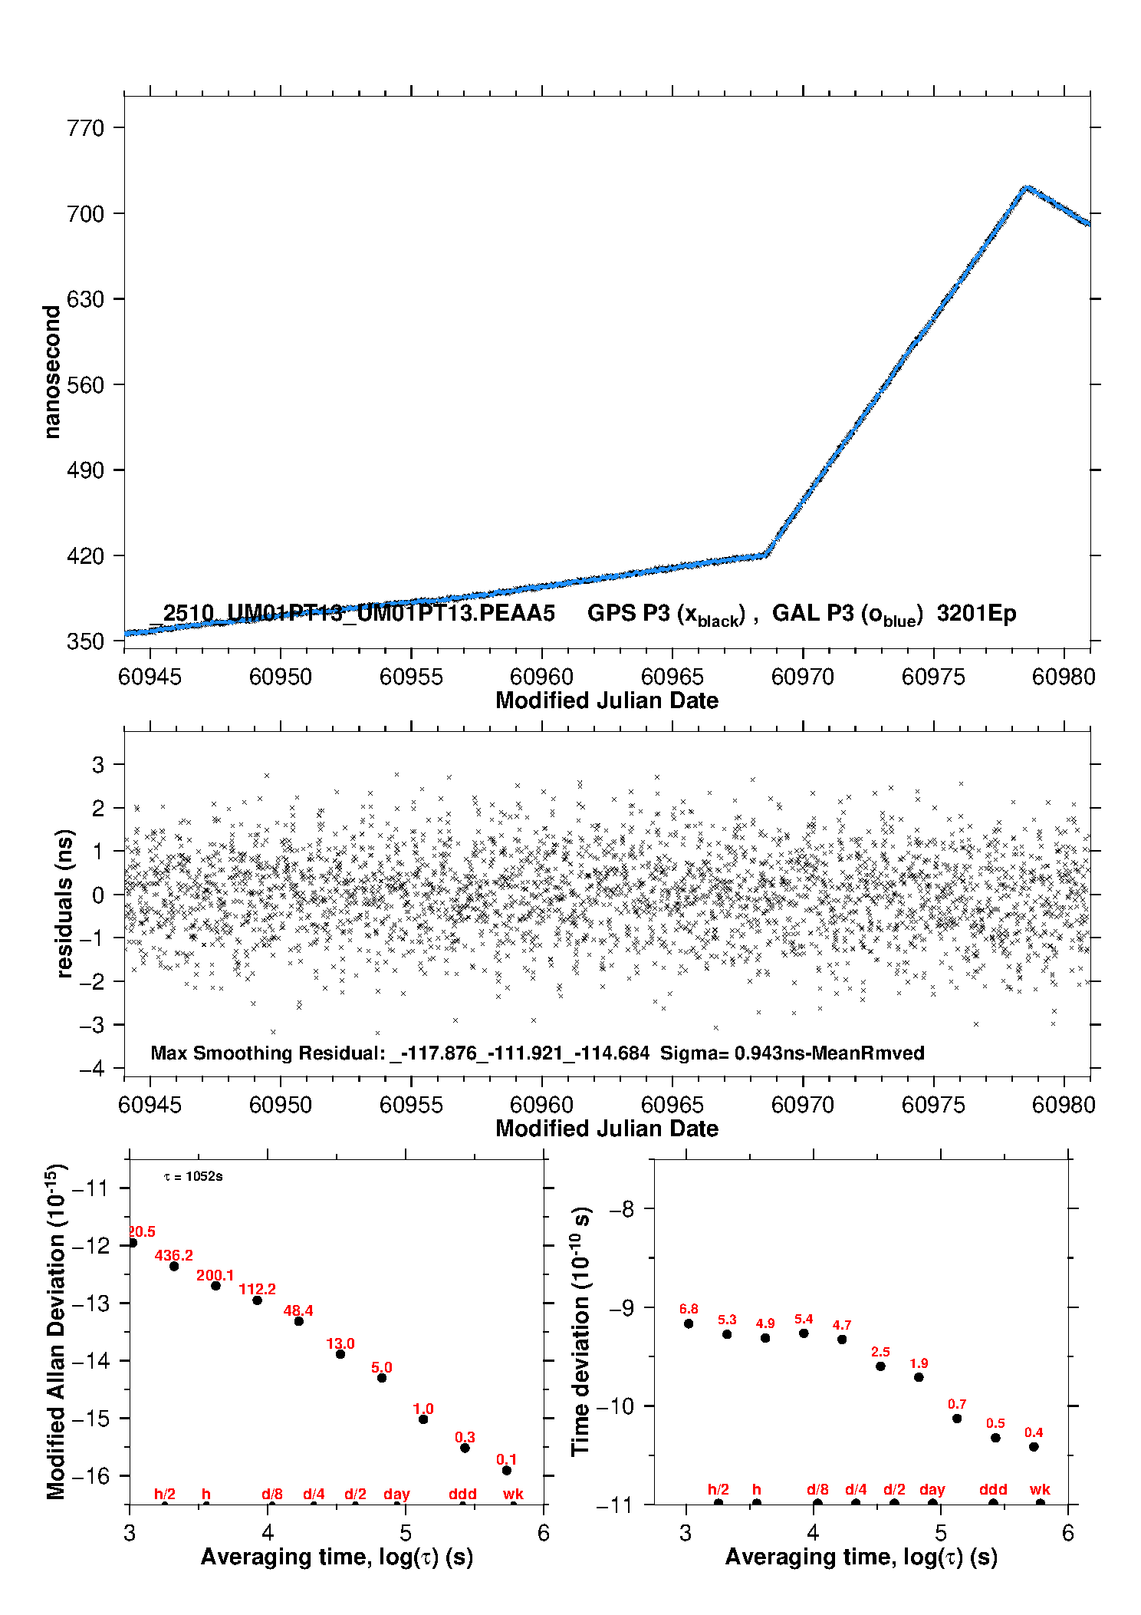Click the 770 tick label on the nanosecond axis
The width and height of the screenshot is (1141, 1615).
pos(85,128)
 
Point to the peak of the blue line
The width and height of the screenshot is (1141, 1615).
pos(1026,188)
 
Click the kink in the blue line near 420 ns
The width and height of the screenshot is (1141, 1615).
pos(765,555)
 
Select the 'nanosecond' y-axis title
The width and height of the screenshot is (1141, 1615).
pos(52,371)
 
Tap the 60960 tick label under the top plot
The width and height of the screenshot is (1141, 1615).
pos(541,677)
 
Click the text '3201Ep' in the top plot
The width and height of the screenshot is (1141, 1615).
pos(976,614)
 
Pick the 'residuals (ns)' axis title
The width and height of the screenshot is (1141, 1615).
pos(64,903)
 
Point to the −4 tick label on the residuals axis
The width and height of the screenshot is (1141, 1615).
pos(91,1068)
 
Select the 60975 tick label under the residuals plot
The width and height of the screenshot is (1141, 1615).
pos(933,1105)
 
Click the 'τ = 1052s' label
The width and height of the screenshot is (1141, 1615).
pos(193,1177)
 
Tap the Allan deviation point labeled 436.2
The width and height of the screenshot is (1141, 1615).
pos(174,1266)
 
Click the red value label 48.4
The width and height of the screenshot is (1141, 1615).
pos(298,1310)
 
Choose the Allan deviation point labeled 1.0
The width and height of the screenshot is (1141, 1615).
pos(423,1419)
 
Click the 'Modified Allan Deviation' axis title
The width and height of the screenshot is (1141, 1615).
pos(56,1331)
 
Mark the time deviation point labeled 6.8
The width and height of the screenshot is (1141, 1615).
pos(689,1323)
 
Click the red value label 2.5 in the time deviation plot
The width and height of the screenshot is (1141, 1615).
pos(880,1352)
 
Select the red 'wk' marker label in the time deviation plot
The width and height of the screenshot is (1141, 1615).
pos(1040,1489)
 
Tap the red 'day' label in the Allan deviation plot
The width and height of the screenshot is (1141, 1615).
pos(396,1494)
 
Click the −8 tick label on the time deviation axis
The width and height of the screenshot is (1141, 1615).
pos(623,1209)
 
